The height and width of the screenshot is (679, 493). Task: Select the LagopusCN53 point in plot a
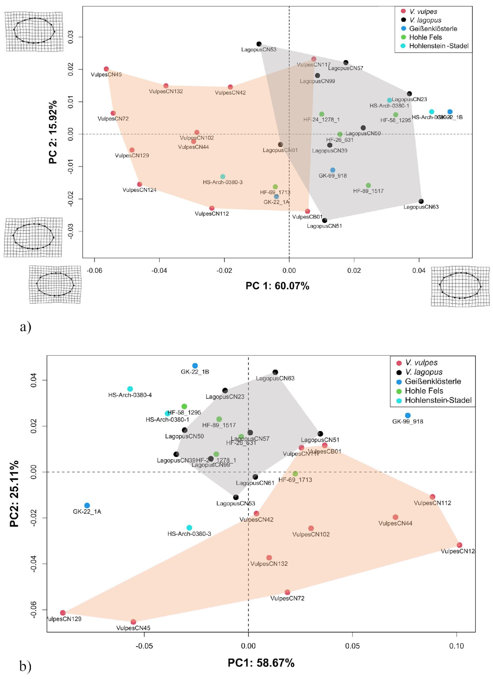tap(259, 44)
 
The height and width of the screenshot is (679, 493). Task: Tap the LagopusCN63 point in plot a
tap(421, 201)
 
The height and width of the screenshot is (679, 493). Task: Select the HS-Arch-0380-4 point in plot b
tap(130, 389)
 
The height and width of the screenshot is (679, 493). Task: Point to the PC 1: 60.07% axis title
tap(277, 286)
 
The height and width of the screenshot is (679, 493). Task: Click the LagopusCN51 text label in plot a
tap(324, 226)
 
